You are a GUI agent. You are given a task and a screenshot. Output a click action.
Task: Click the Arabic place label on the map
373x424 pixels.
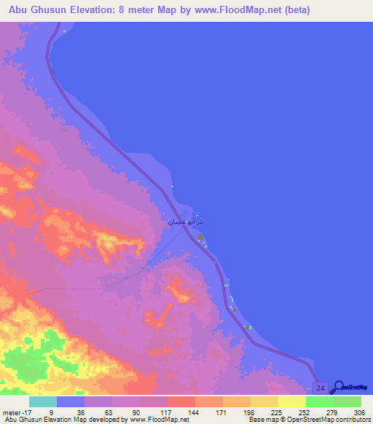tap(181, 221)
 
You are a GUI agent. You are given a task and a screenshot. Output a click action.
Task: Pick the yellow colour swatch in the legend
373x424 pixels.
tap(291, 401)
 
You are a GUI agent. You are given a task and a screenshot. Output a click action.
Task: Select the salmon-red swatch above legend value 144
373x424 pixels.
tap(181, 401)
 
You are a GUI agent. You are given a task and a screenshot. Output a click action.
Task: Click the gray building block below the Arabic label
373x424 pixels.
tap(200, 237)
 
